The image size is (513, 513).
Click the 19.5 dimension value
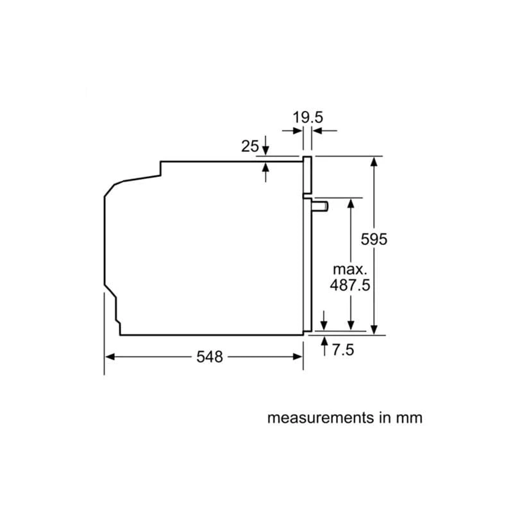[308, 117]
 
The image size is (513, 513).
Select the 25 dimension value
[250, 146]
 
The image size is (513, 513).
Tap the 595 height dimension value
[374, 239]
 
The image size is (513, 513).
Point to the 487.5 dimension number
[350, 285]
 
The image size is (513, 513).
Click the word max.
[350, 269]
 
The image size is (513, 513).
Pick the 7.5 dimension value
[343, 349]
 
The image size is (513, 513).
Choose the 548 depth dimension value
[210, 357]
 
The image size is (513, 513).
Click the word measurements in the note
[321, 418]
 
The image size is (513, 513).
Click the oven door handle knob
[320, 206]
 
